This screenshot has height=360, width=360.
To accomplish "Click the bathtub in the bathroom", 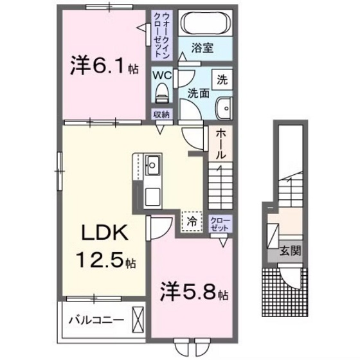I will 203,24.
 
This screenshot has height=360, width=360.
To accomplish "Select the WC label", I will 161,75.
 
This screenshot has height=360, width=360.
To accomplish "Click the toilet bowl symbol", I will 161,94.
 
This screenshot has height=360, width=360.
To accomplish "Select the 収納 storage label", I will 161,114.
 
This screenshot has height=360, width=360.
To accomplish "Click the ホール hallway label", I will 219,145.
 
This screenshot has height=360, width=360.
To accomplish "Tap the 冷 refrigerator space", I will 192,220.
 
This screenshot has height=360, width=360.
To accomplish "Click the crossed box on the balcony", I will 138,319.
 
